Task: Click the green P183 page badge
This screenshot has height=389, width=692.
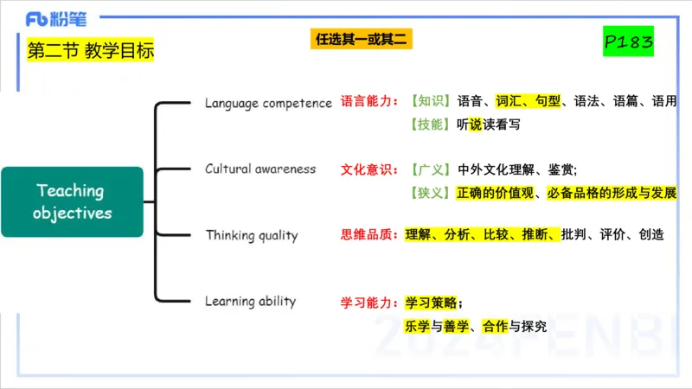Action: click(628, 41)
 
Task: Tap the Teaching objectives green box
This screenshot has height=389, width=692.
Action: click(72, 201)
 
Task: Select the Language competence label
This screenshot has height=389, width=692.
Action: click(268, 103)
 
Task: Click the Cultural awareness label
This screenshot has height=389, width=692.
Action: click(260, 169)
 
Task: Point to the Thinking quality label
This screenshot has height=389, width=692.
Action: click(252, 235)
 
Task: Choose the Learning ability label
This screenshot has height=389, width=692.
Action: click(250, 302)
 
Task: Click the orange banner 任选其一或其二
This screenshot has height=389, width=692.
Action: click(362, 39)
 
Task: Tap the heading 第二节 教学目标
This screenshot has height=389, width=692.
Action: click(91, 51)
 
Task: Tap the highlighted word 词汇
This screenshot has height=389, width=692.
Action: click(510, 102)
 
